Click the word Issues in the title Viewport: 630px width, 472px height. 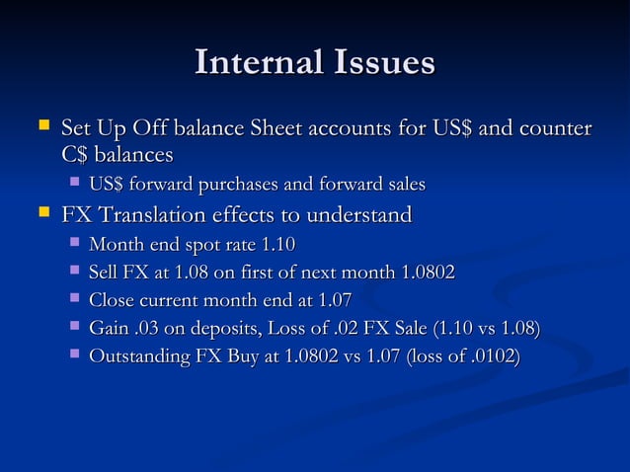pyautogui.click(x=382, y=63)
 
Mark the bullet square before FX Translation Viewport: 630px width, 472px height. pyautogui.click(x=41, y=213)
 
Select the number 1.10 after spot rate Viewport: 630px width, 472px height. pyautogui.click(x=276, y=244)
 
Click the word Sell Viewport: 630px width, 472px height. pyautogui.click(x=104, y=272)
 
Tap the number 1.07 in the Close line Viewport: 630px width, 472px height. pyautogui.click(x=332, y=299)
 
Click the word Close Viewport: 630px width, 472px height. pyautogui.click(x=112, y=299)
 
